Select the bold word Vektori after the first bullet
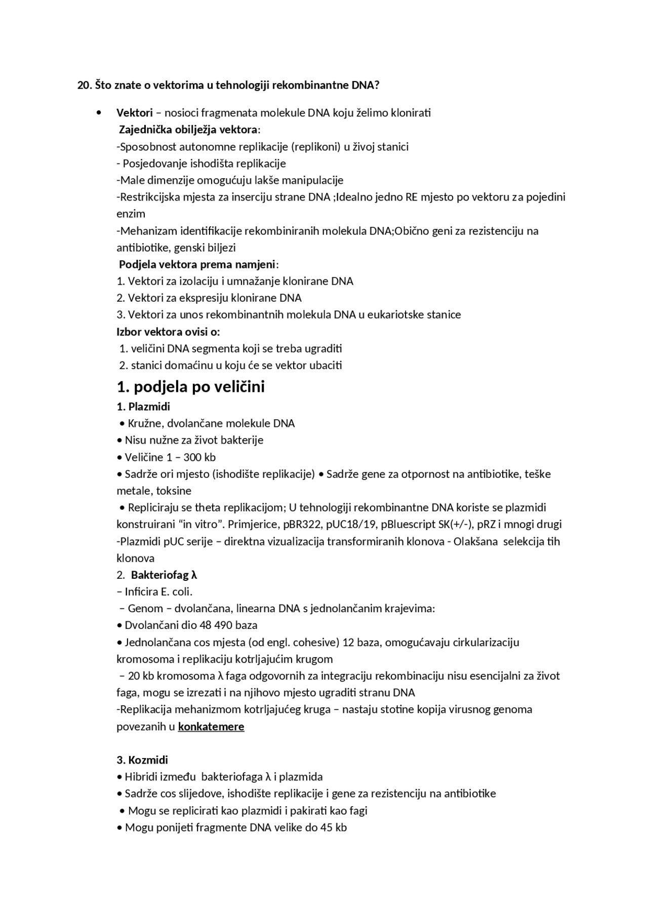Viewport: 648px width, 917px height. (x=134, y=113)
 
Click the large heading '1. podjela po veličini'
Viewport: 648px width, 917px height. (x=190, y=387)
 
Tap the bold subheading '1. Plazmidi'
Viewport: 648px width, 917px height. (x=143, y=407)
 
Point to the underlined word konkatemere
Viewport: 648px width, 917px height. (x=211, y=727)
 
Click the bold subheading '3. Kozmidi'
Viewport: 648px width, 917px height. (x=142, y=760)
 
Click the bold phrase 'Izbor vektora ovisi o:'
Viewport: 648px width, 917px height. (x=168, y=332)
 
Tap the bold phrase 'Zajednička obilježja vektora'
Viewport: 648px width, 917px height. (x=188, y=130)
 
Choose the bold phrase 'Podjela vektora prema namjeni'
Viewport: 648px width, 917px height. (x=197, y=264)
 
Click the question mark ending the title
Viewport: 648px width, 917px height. (x=377, y=85)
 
